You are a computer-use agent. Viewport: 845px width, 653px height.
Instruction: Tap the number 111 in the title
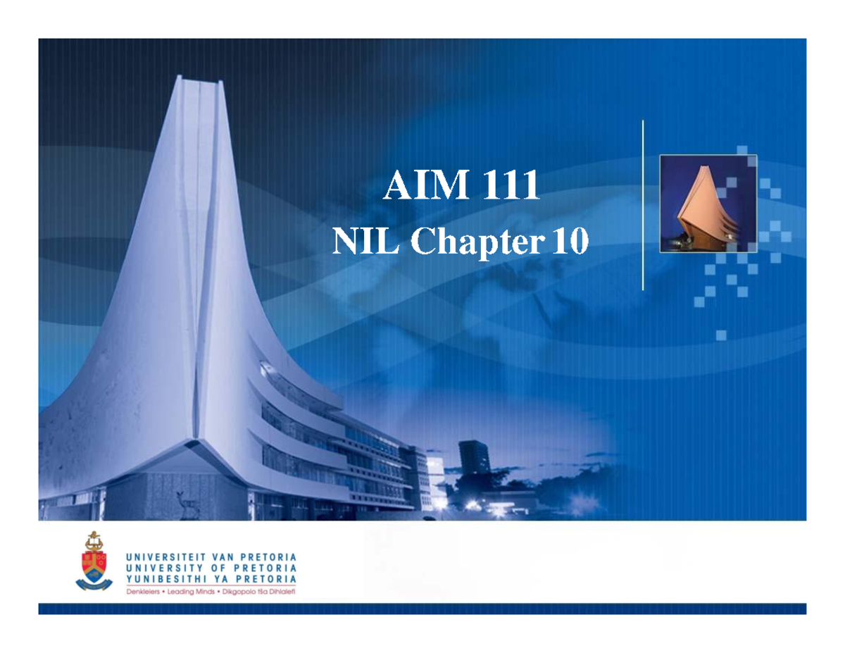click(511, 187)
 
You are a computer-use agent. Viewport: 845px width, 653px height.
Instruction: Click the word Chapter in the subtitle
click(478, 243)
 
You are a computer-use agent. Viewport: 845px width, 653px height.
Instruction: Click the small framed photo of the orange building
click(708, 204)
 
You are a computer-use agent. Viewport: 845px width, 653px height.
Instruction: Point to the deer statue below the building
click(187, 505)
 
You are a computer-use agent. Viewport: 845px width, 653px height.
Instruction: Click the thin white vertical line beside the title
click(643, 204)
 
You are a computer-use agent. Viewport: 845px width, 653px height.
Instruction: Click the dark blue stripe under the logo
click(423, 609)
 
